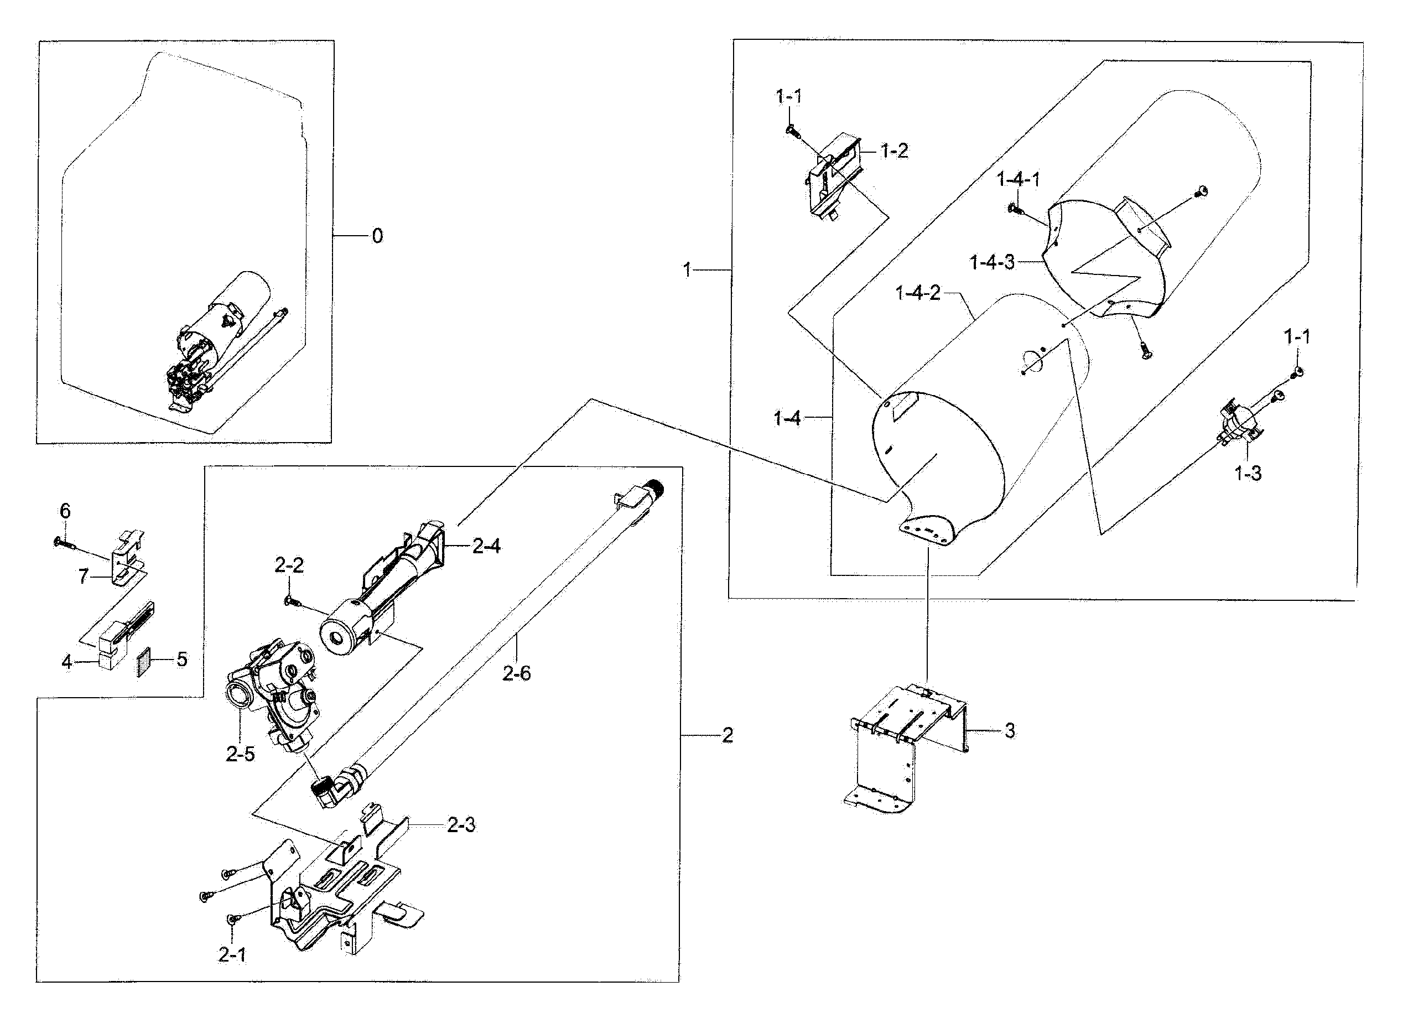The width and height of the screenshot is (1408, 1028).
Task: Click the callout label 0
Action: coord(377,236)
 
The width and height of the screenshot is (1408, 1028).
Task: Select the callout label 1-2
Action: coord(894,150)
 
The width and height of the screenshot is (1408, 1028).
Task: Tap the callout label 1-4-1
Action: coord(1018,180)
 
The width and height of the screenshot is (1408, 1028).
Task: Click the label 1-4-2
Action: coord(918,293)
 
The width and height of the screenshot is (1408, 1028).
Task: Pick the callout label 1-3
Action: coord(1248,474)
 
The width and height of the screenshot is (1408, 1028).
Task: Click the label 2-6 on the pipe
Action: coord(516,673)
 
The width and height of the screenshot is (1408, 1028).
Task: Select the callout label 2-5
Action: coord(240,754)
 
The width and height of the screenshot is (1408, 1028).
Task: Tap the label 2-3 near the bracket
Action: coord(461,825)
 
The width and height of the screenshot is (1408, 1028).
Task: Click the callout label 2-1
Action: coord(231,954)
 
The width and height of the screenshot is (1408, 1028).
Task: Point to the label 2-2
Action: coord(289,565)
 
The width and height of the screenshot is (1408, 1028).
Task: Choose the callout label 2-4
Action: coord(486,546)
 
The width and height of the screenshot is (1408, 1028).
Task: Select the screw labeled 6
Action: coord(65,543)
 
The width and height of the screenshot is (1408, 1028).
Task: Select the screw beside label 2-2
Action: coord(290,600)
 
